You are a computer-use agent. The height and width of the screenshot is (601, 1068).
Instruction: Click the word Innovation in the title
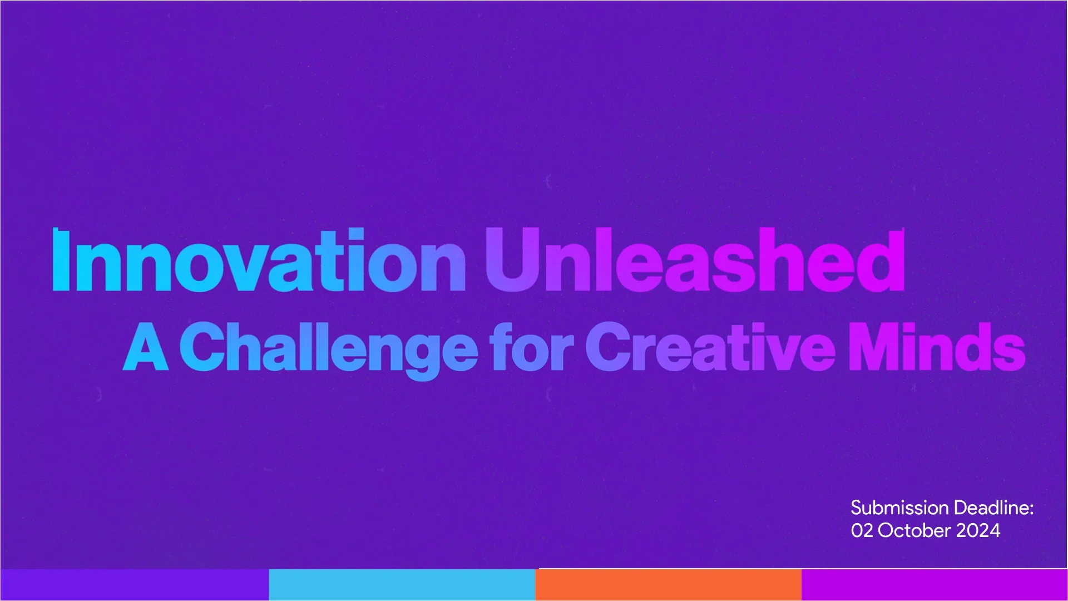click(x=259, y=260)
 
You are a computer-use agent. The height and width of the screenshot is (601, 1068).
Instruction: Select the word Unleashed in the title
click(x=695, y=259)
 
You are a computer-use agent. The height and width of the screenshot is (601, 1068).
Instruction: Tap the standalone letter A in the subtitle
click(x=145, y=346)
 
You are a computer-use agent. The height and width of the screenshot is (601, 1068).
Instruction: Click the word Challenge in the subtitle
click(x=328, y=350)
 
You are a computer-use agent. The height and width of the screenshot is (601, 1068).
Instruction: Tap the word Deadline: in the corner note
click(x=993, y=508)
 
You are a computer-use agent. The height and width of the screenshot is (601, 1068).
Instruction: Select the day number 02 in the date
click(x=862, y=530)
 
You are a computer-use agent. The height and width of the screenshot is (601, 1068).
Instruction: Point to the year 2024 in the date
click(x=978, y=530)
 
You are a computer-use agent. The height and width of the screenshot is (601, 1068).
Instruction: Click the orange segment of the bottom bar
click(x=668, y=584)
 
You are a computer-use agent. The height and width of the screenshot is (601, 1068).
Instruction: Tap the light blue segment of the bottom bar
click(x=402, y=584)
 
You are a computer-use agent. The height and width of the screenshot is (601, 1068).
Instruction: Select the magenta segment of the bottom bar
click(x=934, y=584)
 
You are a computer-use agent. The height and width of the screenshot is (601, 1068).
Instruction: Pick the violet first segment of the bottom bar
click(x=134, y=584)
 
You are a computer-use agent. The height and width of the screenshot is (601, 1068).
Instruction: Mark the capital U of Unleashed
click(x=513, y=259)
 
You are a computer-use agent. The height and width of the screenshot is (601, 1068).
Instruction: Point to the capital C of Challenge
click(x=205, y=346)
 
